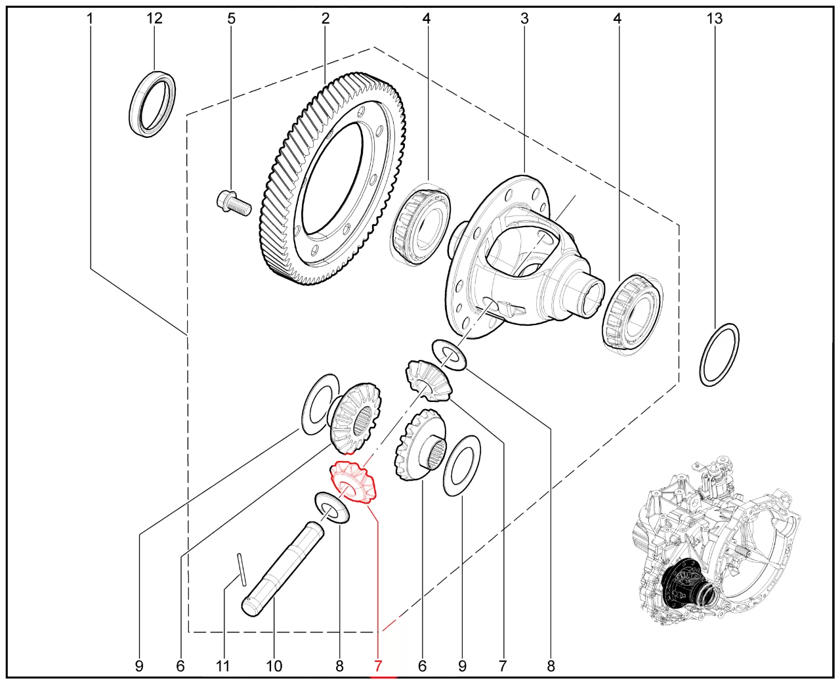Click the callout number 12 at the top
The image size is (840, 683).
point(154,18)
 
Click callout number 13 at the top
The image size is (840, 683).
point(714,18)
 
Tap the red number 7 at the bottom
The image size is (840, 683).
point(378,666)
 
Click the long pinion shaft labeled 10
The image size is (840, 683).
point(282,570)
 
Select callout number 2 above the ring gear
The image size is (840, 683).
point(325,18)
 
